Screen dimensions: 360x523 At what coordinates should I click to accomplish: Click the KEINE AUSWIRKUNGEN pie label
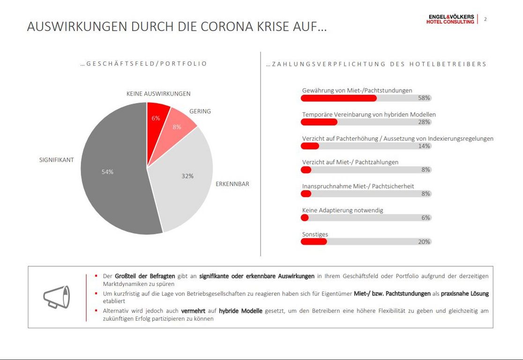[x=158, y=94]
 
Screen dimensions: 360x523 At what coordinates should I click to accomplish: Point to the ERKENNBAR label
[x=232, y=184]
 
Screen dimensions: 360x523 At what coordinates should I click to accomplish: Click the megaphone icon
[x=56, y=297]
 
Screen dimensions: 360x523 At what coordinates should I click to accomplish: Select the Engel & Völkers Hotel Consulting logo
[x=450, y=19]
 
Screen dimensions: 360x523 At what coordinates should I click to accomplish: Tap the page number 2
[x=485, y=19]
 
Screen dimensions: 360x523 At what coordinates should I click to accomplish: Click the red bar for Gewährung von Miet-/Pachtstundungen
[x=338, y=98]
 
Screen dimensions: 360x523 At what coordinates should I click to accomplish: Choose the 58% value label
[x=424, y=98]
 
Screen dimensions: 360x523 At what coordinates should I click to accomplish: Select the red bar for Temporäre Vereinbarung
[x=319, y=122]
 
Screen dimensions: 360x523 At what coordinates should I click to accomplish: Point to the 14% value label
[x=424, y=146]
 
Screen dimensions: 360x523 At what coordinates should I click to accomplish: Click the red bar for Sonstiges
[x=314, y=242]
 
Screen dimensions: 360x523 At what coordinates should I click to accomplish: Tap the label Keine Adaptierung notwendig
[x=343, y=210]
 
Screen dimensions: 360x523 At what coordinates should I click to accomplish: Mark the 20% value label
[x=424, y=242]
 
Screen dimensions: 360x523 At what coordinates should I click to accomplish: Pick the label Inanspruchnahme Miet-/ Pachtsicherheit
[x=358, y=186]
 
